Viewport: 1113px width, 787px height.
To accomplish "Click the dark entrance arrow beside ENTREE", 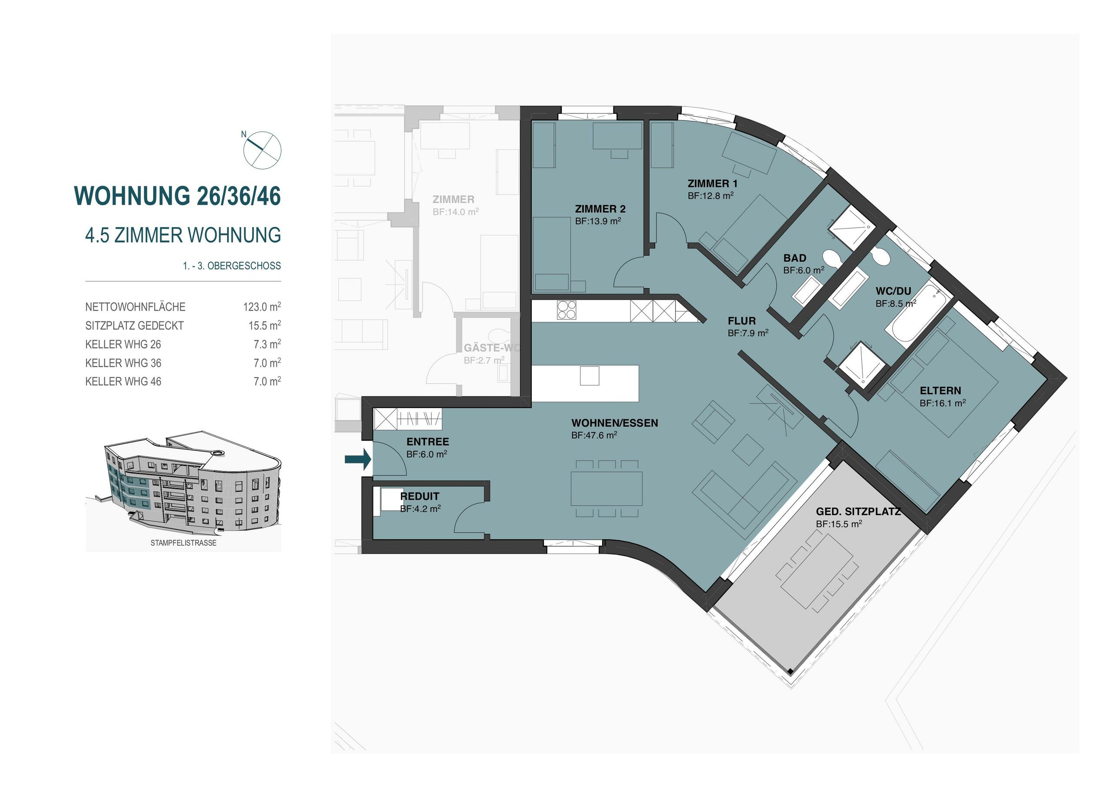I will click(357, 459).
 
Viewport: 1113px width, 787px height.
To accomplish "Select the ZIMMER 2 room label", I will click(600, 209).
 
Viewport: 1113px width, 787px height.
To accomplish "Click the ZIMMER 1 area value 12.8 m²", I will click(710, 196).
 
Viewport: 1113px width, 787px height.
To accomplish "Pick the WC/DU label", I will click(893, 291).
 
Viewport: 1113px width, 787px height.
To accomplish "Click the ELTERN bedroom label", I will click(940, 391).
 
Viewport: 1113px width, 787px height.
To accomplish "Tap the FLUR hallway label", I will click(741, 321).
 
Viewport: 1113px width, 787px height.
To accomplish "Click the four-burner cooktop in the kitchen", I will click(566, 310).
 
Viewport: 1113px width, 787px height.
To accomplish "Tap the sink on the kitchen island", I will click(589, 375).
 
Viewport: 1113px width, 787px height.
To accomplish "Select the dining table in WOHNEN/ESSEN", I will click(606, 488).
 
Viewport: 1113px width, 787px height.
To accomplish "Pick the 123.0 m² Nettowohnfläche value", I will click(262, 307).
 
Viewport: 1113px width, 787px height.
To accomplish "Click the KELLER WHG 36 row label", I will click(123, 363).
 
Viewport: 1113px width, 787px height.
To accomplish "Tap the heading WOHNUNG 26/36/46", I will click(177, 196).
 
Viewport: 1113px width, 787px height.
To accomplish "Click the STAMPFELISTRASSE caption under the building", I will click(183, 543).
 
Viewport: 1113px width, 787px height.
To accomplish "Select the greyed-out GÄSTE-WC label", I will click(490, 348).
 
